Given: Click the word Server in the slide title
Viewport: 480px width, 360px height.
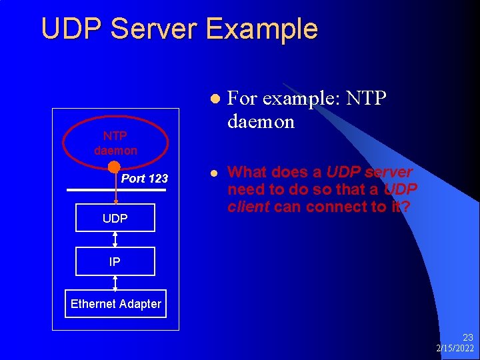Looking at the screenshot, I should (x=157, y=29).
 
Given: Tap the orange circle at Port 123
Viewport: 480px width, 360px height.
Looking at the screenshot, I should (x=114, y=167).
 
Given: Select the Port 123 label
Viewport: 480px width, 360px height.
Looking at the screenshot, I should (x=145, y=179).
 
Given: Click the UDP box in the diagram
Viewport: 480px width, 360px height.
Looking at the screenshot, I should (x=115, y=218).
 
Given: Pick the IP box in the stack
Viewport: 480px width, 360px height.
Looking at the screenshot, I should (x=115, y=261).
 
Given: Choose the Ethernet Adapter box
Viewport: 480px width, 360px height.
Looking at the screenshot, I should (x=115, y=304).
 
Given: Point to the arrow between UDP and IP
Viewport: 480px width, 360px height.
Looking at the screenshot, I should (x=115, y=239).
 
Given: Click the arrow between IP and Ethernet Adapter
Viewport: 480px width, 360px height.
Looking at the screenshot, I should (x=115, y=283).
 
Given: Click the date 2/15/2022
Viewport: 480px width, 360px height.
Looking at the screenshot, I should (x=455, y=349).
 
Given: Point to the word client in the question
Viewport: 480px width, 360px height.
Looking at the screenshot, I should (x=248, y=207).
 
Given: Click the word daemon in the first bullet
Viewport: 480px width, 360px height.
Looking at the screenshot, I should (x=261, y=122).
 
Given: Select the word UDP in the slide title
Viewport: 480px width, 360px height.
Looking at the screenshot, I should (x=70, y=29).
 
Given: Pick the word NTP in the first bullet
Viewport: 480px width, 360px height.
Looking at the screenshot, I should (x=367, y=99).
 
